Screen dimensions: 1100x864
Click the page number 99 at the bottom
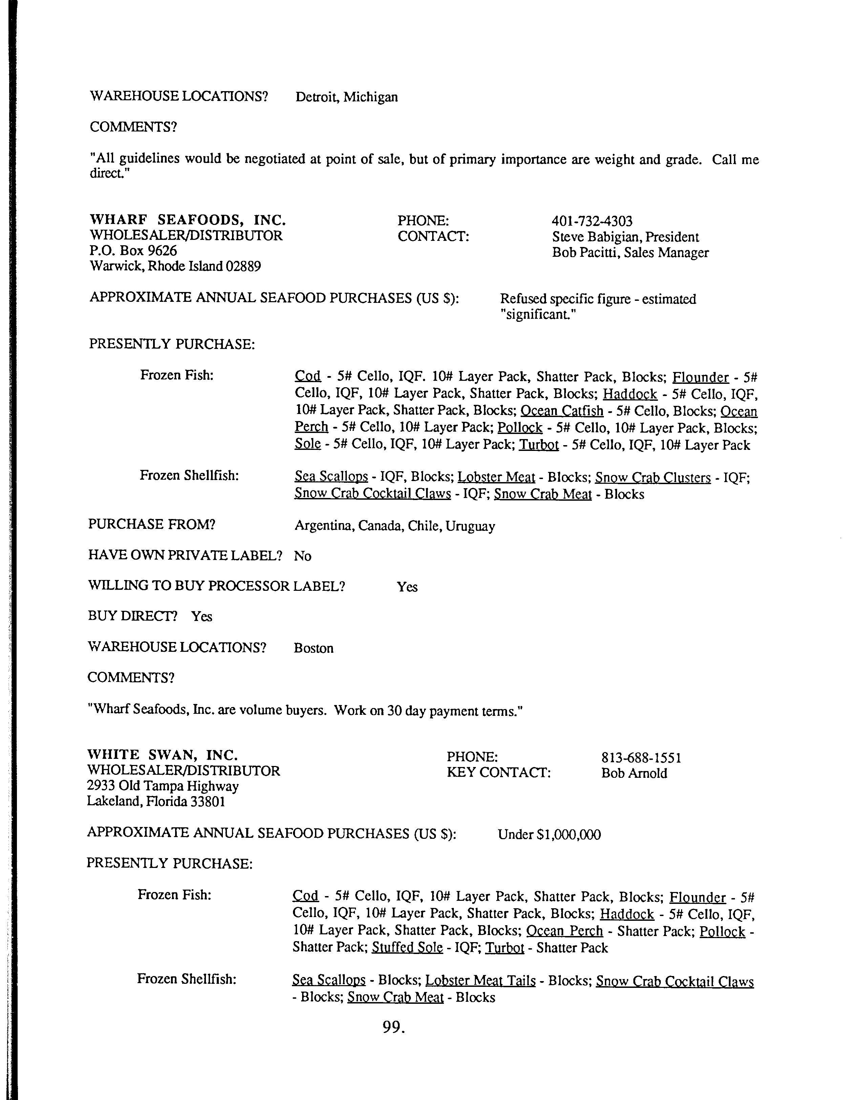pyautogui.click(x=394, y=1026)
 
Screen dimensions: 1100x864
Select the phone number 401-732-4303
pyautogui.click(x=592, y=221)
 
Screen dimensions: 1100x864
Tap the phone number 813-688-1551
pyautogui.click(x=641, y=757)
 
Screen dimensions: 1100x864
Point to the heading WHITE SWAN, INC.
pyautogui.click(x=162, y=755)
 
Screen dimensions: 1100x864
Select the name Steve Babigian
pyautogui.click(x=598, y=237)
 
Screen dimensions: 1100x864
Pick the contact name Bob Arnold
pyautogui.click(x=634, y=773)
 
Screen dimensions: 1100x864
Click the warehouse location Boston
pyautogui.click(x=314, y=648)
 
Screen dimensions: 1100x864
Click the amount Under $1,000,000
pyautogui.click(x=549, y=834)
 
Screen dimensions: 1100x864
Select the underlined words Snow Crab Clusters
pyautogui.click(x=653, y=478)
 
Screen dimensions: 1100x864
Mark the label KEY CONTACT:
pyautogui.click(x=498, y=773)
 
